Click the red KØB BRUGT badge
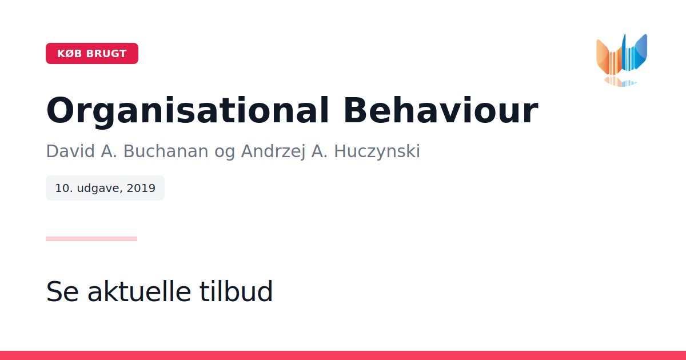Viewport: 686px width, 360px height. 92,53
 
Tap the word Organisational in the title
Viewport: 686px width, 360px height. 188,111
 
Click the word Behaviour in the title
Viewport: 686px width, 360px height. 441,110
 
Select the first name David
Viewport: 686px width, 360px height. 70,151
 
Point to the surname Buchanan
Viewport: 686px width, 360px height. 166,151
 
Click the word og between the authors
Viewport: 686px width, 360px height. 225,153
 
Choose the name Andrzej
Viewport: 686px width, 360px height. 273,151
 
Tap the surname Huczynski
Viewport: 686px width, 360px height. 377,151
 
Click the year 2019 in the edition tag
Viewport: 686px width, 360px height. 141,188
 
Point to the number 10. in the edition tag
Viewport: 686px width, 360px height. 64,188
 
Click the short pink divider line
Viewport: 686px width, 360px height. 91,239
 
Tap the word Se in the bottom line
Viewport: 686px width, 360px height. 62,291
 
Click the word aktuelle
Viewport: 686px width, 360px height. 139,291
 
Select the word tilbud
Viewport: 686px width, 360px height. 236,291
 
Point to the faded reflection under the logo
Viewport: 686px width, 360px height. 620,81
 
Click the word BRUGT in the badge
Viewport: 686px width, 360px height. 106,54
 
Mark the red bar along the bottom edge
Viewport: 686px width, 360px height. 343,355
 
